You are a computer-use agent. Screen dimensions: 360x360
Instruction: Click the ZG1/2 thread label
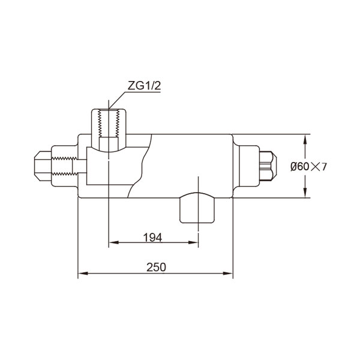(144, 86)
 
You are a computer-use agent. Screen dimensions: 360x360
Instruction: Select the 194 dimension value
(153, 238)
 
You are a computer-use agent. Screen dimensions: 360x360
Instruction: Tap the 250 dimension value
(156, 268)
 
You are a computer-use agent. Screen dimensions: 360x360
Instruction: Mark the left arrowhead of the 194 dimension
(112, 243)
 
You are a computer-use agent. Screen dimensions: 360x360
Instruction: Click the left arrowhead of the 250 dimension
(82, 274)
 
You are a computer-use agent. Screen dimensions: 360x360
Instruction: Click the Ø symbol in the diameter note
(293, 167)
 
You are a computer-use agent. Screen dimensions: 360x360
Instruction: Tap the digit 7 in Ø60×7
(324, 167)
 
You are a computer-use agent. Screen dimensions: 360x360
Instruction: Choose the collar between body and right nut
(245, 166)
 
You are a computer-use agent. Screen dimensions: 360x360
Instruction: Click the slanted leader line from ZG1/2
(118, 99)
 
